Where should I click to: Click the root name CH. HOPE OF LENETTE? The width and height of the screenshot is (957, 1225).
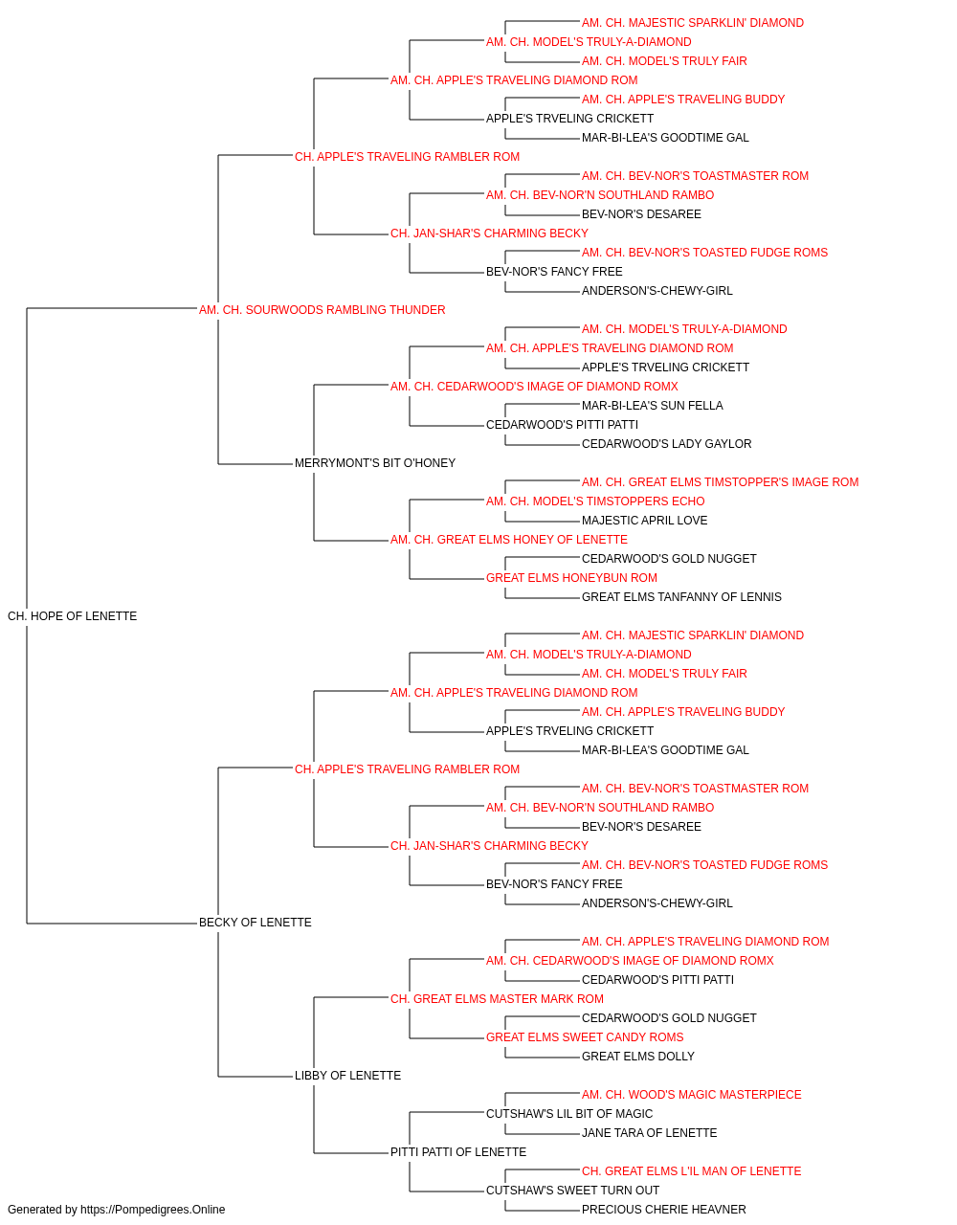tap(72, 616)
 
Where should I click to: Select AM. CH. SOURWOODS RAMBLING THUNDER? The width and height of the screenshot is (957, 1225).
tap(322, 310)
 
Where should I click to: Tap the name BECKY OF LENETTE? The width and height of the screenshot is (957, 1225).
tap(255, 923)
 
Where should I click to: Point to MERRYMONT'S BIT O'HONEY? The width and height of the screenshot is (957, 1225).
tap(375, 463)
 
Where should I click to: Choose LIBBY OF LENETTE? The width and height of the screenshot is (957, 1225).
tap(347, 1076)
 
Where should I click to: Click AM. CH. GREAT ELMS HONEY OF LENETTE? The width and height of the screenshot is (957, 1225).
tap(509, 540)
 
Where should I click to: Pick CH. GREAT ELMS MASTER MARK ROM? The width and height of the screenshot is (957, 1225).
tap(497, 999)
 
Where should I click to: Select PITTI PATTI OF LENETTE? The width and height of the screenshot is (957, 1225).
tap(458, 1152)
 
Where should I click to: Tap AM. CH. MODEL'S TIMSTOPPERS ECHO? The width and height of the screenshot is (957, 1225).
tap(595, 501)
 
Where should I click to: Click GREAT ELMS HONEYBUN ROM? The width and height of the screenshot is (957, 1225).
tap(571, 578)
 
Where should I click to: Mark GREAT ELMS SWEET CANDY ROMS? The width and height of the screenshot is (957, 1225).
tap(585, 1037)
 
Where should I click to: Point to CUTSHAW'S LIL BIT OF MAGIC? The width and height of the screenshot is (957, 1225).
tap(569, 1114)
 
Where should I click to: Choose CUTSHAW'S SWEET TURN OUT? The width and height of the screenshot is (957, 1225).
tap(572, 1191)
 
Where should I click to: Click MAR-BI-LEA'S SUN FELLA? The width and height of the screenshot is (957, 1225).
tap(652, 406)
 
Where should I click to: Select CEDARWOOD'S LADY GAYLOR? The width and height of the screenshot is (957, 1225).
tap(666, 444)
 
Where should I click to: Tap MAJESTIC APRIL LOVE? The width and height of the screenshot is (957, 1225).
tap(644, 521)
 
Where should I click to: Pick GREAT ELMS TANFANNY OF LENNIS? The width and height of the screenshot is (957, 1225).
tap(681, 597)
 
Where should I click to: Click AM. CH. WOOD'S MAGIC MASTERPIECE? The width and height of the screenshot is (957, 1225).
tap(692, 1095)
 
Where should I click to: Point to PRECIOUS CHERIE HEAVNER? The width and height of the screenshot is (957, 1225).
tap(664, 1210)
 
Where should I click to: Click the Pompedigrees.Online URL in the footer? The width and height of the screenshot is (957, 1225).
tap(153, 1210)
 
